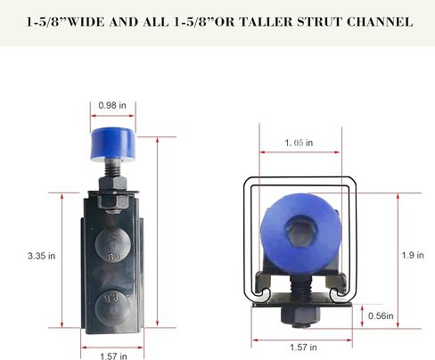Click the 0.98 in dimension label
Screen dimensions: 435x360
[112, 105]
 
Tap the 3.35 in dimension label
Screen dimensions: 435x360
[42, 256]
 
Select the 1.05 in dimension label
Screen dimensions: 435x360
[299, 143]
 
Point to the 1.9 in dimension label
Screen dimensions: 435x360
[413, 255]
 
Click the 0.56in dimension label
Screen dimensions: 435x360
[381, 315]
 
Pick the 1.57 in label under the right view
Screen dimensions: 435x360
[303, 348]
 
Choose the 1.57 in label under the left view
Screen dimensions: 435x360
[113, 356]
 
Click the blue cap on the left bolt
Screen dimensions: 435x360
[113, 143]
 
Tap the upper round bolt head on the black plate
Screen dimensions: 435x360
[112, 245]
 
